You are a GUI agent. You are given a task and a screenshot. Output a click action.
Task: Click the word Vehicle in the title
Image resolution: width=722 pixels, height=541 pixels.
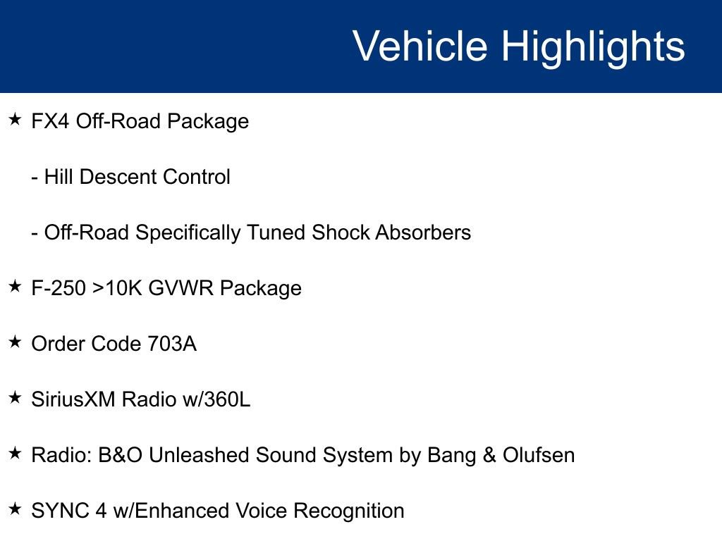coord(420,46)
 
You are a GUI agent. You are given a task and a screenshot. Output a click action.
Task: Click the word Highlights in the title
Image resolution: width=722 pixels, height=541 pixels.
coord(593,46)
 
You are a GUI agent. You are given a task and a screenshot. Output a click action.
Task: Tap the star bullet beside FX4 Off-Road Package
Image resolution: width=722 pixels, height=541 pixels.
coord(16,120)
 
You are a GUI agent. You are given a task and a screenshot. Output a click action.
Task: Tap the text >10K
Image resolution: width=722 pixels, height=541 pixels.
coord(118,288)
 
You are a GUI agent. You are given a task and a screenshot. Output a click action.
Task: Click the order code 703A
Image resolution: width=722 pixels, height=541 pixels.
coord(172,344)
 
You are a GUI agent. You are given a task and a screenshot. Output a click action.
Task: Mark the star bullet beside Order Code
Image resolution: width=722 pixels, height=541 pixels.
coord(16,342)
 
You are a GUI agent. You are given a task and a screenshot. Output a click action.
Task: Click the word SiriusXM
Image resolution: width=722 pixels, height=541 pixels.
coord(74,399)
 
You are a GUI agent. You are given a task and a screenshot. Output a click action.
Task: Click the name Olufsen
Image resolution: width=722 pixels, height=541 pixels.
coord(539,455)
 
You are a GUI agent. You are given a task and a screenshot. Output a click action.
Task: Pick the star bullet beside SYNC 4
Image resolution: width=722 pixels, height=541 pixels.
coord(16,509)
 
